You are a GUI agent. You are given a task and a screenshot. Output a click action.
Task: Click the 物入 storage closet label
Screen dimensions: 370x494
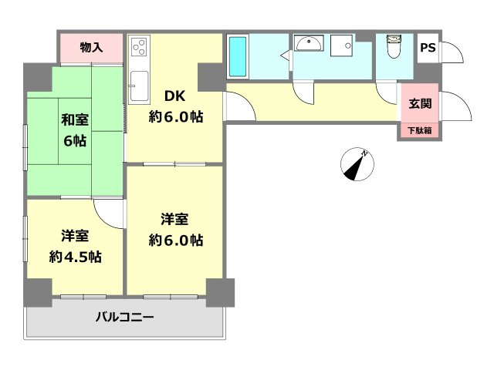pyautogui.click(x=91, y=48)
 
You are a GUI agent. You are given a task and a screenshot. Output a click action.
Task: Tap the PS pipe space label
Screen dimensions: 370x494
pyautogui.click(x=427, y=48)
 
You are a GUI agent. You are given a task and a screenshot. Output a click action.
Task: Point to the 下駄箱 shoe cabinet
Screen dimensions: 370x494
pyautogui.click(x=421, y=131)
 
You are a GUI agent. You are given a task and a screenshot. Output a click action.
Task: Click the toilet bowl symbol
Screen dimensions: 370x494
pyautogui.click(x=393, y=47)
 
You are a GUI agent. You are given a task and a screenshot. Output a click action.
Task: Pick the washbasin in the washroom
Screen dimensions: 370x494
pyautogui.click(x=310, y=45)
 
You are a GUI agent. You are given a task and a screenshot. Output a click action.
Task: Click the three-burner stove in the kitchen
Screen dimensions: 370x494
pyautogui.click(x=139, y=48)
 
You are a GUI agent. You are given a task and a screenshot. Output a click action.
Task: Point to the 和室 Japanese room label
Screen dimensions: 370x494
pyautogui.click(x=75, y=120)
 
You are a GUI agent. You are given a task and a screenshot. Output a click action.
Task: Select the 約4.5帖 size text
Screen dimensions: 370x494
pyautogui.click(x=75, y=257)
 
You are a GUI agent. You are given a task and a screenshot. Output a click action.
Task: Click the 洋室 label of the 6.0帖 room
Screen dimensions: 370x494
pyautogui.click(x=176, y=218)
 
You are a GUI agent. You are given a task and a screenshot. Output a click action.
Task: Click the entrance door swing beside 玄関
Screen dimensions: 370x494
pyautogui.click(x=455, y=104)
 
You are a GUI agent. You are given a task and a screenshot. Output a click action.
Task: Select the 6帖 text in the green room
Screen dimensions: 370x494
pyautogui.click(x=75, y=142)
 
